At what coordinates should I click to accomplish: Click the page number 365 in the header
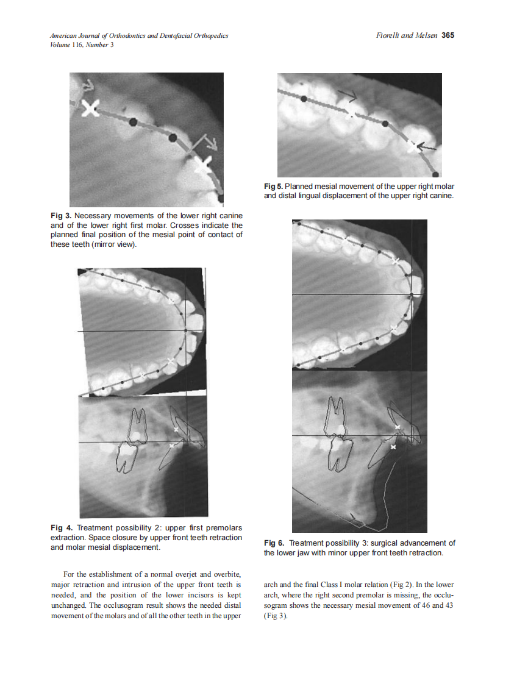(448, 35)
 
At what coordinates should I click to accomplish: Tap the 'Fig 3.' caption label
(61, 216)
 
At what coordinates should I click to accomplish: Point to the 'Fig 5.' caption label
(273, 187)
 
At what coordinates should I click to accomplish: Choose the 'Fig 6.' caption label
(274, 543)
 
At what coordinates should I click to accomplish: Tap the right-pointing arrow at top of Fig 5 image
(349, 94)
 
